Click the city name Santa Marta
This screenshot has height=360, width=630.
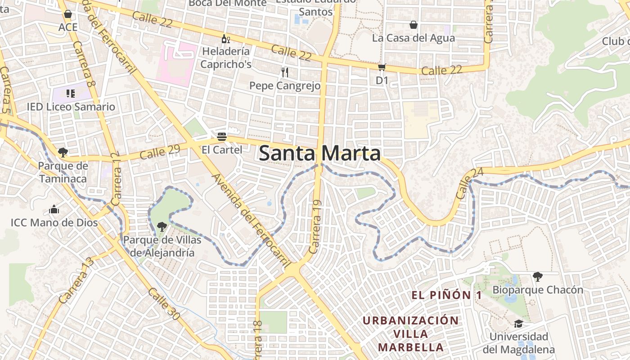320,153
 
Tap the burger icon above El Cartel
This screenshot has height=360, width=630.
221,136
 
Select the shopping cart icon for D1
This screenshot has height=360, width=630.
382,67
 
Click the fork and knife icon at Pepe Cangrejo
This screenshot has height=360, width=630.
284,72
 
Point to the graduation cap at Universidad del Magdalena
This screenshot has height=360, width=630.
518,324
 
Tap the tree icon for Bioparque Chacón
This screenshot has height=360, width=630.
537,276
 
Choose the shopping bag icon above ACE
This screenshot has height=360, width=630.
68,14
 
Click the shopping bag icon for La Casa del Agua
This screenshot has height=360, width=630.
413,25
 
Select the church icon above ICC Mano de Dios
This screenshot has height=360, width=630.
54,209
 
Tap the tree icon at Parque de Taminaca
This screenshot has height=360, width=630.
63,153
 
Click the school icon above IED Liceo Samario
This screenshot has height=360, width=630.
70,94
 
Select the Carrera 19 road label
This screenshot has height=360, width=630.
316,227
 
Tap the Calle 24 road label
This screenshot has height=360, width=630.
464,184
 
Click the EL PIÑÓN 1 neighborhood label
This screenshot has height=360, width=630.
446,295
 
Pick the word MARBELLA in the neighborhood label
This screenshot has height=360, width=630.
411,347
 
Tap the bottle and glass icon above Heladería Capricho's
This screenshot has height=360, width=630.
225,39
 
